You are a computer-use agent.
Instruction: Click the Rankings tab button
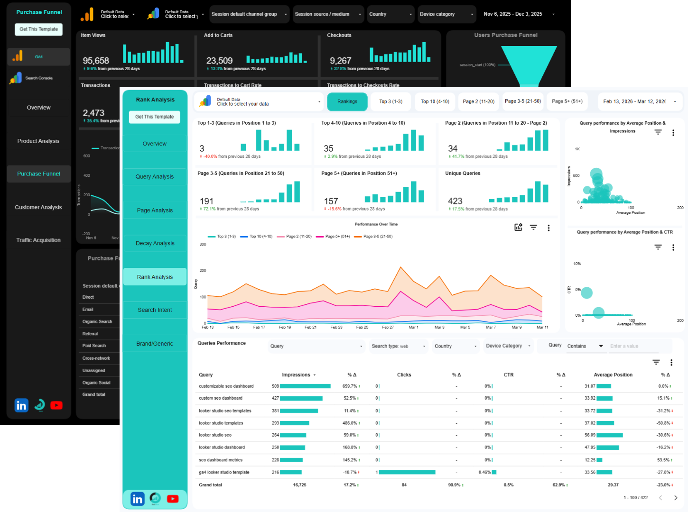click(x=347, y=101)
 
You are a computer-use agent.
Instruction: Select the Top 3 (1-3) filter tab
click(x=390, y=101)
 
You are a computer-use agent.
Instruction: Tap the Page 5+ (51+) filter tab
click(x=567, y=101)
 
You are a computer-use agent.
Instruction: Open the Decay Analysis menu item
click(x=155, y=243)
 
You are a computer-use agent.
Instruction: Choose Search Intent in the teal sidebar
click(x=155, y=310)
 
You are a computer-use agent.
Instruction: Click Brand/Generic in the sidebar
click(x=155, y=344)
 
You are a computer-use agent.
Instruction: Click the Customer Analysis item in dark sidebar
click(x=38, y=207)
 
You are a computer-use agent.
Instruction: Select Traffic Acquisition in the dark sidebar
click(x=38, y=240)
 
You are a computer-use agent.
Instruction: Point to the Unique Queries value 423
click(x=455, y=201)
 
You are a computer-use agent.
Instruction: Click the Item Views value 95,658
click(x=96, y=61)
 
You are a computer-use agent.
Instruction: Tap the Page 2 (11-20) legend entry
click(x=298, y=237)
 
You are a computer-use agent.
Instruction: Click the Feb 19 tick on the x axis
click(x=285, y=327)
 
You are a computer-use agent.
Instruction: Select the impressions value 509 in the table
click(x=275, y=386)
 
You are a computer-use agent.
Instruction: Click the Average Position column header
click(x=613, y=375)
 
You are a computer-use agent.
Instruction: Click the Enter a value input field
click(x=633, y=346)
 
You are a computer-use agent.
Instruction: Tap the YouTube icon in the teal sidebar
click(x=173, y=499)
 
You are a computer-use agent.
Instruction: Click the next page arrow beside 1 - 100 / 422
click(x=676, y=498)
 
